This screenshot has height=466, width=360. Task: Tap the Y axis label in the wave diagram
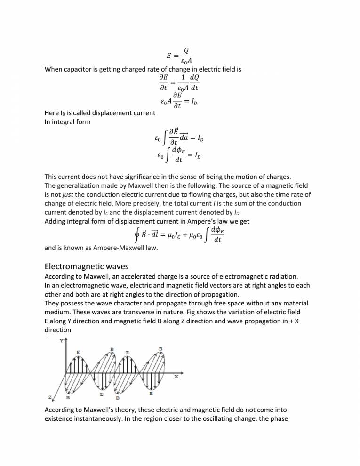pyautogui.click(x=61, y=342)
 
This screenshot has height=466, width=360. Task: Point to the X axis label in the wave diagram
pyautogui.click(x=176, y=377)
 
